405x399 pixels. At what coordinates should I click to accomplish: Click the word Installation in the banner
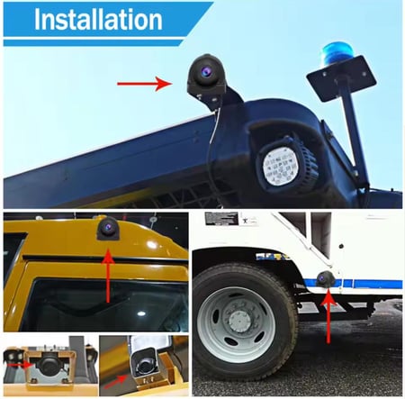tap(98, 20)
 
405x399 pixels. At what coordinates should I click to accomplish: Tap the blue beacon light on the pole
tap(337, 55)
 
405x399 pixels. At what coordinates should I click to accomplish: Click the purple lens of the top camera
tap(206, 71)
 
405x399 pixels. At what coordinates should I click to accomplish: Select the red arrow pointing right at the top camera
tap(145, 84)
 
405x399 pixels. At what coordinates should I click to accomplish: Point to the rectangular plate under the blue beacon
tap(341, 78)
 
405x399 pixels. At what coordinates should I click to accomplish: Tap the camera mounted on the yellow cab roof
tap(108, 229)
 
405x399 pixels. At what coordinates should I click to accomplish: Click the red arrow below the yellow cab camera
tap(108, 276)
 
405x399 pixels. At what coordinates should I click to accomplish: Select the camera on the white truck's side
tap(324, 279)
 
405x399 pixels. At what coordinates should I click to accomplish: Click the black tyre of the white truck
tap(244, 321)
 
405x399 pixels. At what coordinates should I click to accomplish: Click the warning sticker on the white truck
tap(221, 219)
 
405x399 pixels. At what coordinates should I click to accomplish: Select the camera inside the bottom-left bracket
tap(49, 363)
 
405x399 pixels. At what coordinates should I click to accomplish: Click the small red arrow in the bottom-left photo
tap(20, 365)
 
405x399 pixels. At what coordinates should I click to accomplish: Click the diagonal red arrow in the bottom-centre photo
tap(115, 381)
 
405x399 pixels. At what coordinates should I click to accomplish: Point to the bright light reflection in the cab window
tap(140, 313)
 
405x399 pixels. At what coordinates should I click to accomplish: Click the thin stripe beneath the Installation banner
tap(94, 43)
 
